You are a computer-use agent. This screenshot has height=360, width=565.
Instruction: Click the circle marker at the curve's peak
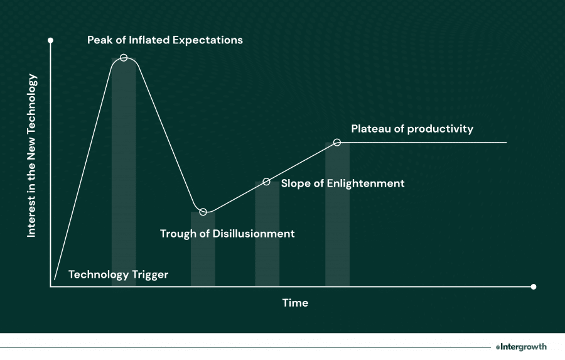[124, 58]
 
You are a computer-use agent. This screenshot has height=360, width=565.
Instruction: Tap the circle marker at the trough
[203, 212]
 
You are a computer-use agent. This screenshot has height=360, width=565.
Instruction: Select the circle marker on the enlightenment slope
[266, 182]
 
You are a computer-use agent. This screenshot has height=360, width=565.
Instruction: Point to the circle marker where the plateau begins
[337, 143]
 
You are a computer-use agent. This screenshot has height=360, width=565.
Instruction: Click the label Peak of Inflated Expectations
[164, 40]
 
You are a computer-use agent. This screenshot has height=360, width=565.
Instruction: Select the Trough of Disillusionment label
[227, 234]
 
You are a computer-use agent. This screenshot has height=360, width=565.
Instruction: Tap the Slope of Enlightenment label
[343, 183]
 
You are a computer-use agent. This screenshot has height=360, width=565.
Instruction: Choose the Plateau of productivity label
[412, 129]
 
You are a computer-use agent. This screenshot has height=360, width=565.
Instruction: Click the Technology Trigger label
[118, 275]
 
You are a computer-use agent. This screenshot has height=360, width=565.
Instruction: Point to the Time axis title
[295, 303]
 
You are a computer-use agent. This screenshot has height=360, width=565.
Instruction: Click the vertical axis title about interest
[32, 156]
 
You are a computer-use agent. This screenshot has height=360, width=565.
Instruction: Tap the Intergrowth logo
[520, 346]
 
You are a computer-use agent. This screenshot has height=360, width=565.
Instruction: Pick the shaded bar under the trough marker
[203, 251]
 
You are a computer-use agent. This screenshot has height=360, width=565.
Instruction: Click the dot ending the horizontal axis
[534, 287]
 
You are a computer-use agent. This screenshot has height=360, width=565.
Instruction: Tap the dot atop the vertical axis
[50, 40]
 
